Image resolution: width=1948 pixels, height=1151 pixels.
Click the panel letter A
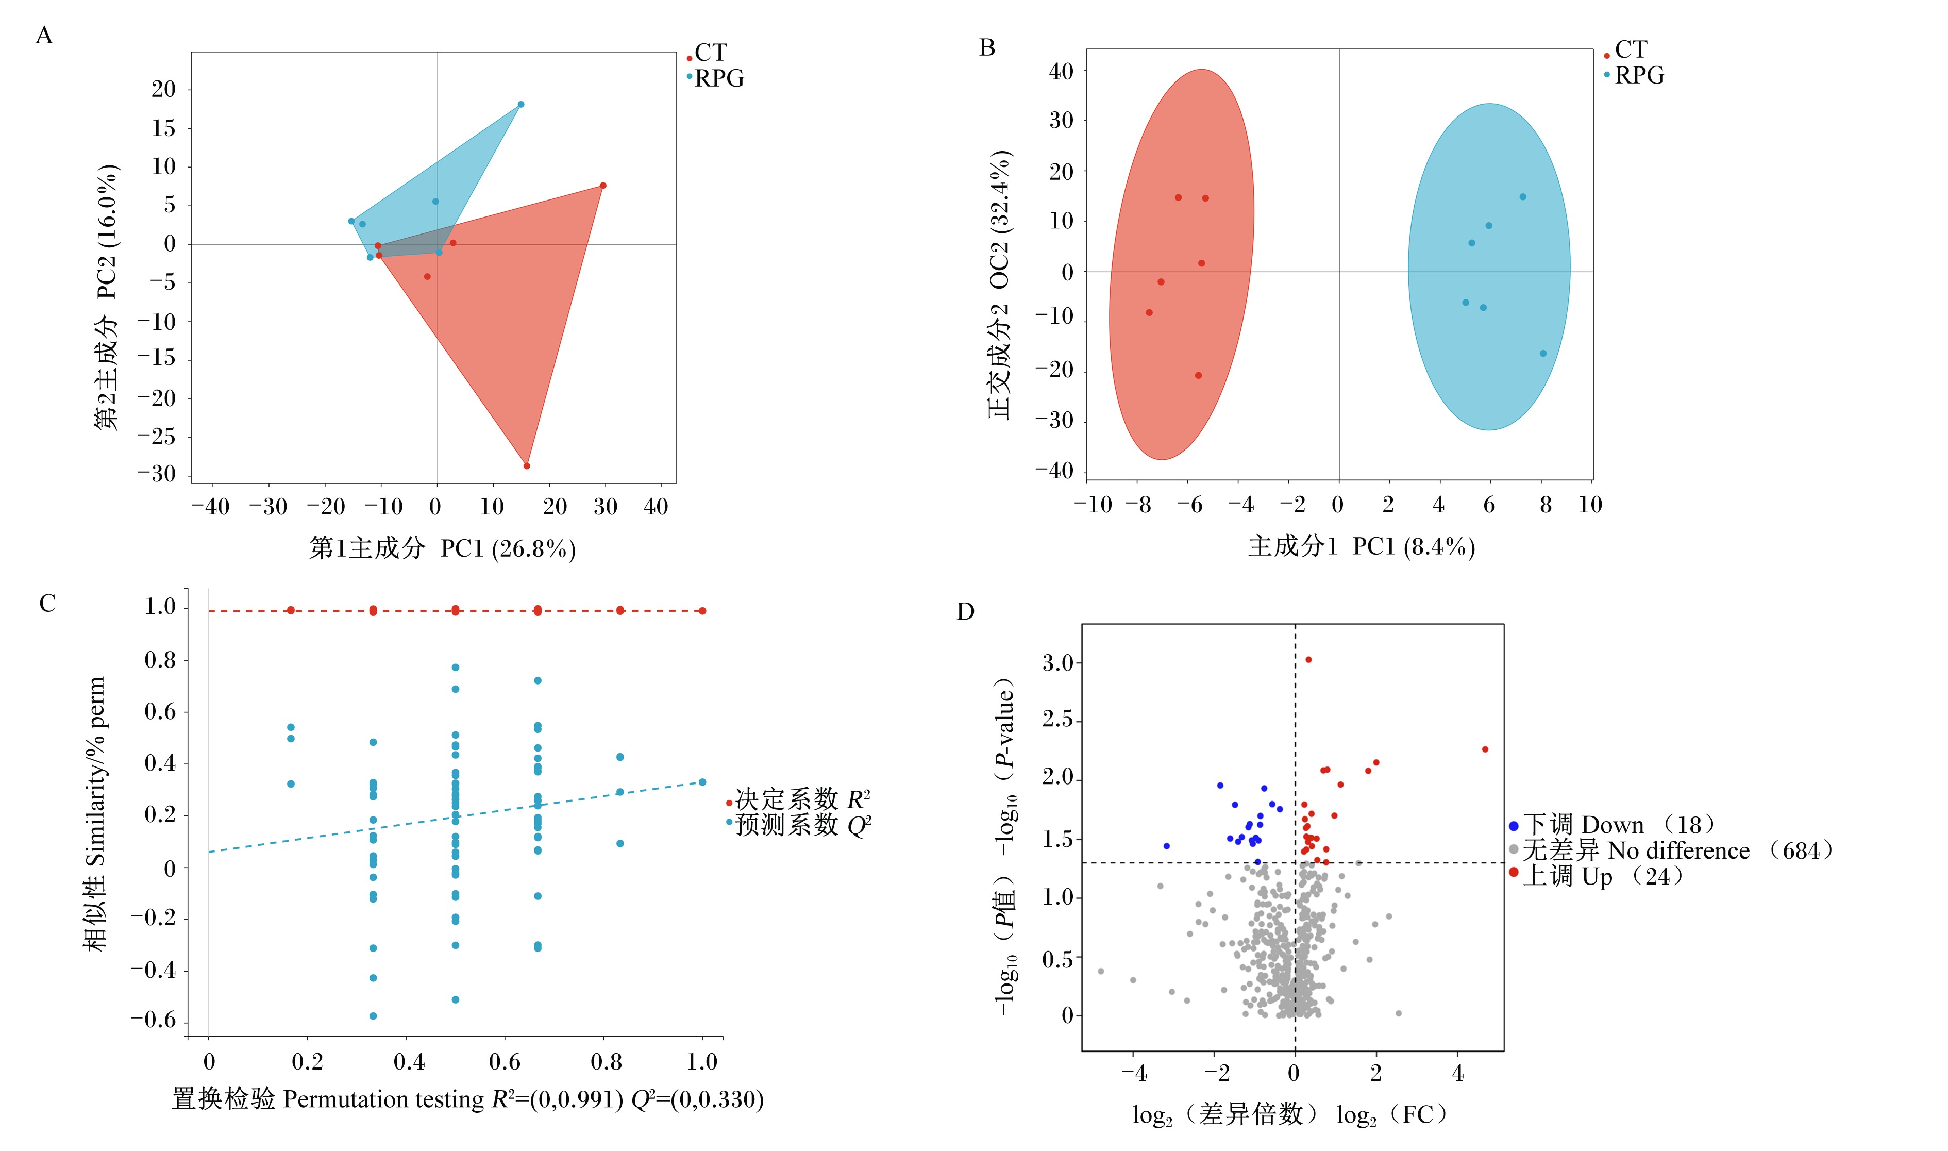(44, 36)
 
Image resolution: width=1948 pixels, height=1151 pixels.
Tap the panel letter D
(965, 612)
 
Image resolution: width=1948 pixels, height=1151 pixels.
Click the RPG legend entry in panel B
(1634, 75)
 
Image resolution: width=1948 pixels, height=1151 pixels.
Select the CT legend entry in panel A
(707, 53)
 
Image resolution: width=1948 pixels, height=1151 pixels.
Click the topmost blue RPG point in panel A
(520, 104)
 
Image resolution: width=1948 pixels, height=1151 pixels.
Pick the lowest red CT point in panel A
(527, 465)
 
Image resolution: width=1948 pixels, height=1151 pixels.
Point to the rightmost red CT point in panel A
(602, 186)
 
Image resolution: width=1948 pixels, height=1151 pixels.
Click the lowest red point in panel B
(1198, 375)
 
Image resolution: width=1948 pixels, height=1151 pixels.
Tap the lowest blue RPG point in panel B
(1542, 353)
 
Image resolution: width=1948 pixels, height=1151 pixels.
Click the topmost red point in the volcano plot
(1308, 659)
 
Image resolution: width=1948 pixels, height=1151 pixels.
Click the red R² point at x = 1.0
(702, 610)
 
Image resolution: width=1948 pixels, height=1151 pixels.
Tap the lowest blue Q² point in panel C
(373, 1016)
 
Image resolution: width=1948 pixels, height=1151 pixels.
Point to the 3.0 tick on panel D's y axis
(1058, 662)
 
